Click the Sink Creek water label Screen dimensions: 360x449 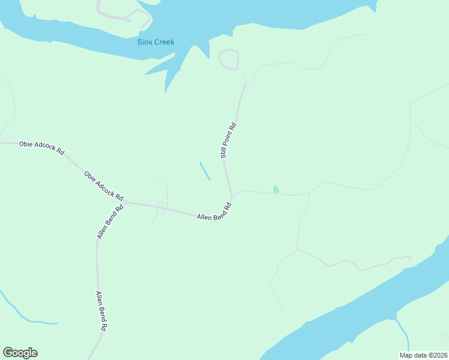pyautogui.click(x=155, y=43)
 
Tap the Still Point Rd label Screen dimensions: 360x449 pyautogui.click(x=229, y=140)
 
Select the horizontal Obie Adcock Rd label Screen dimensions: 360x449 pyautogui.click(x=41, y=148)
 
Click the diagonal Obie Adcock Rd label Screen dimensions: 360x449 pyautogui.click(x=103, y=186)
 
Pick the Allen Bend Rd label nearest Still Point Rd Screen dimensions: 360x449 pyautogui.click(x=214, y=212)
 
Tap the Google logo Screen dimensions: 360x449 pyautogui.click(x=20, y=353)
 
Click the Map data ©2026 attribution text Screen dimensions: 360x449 pyautogui.click(x=424, y=355)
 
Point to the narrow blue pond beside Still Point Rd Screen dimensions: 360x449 pyautogui.click(x=205, y=170)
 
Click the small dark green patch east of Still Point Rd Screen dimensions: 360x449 pyautogui.click(x=276, y=189)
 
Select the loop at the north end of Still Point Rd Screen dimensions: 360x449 pyautogui.click(x=229, y=60)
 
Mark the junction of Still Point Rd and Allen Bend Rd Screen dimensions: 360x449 pyautogui.click(x=231, y=196)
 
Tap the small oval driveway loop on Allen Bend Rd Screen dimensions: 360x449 pyautogui.click(x=160, y=208)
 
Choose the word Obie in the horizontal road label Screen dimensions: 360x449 pyautogui.click(x=26, y=144)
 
